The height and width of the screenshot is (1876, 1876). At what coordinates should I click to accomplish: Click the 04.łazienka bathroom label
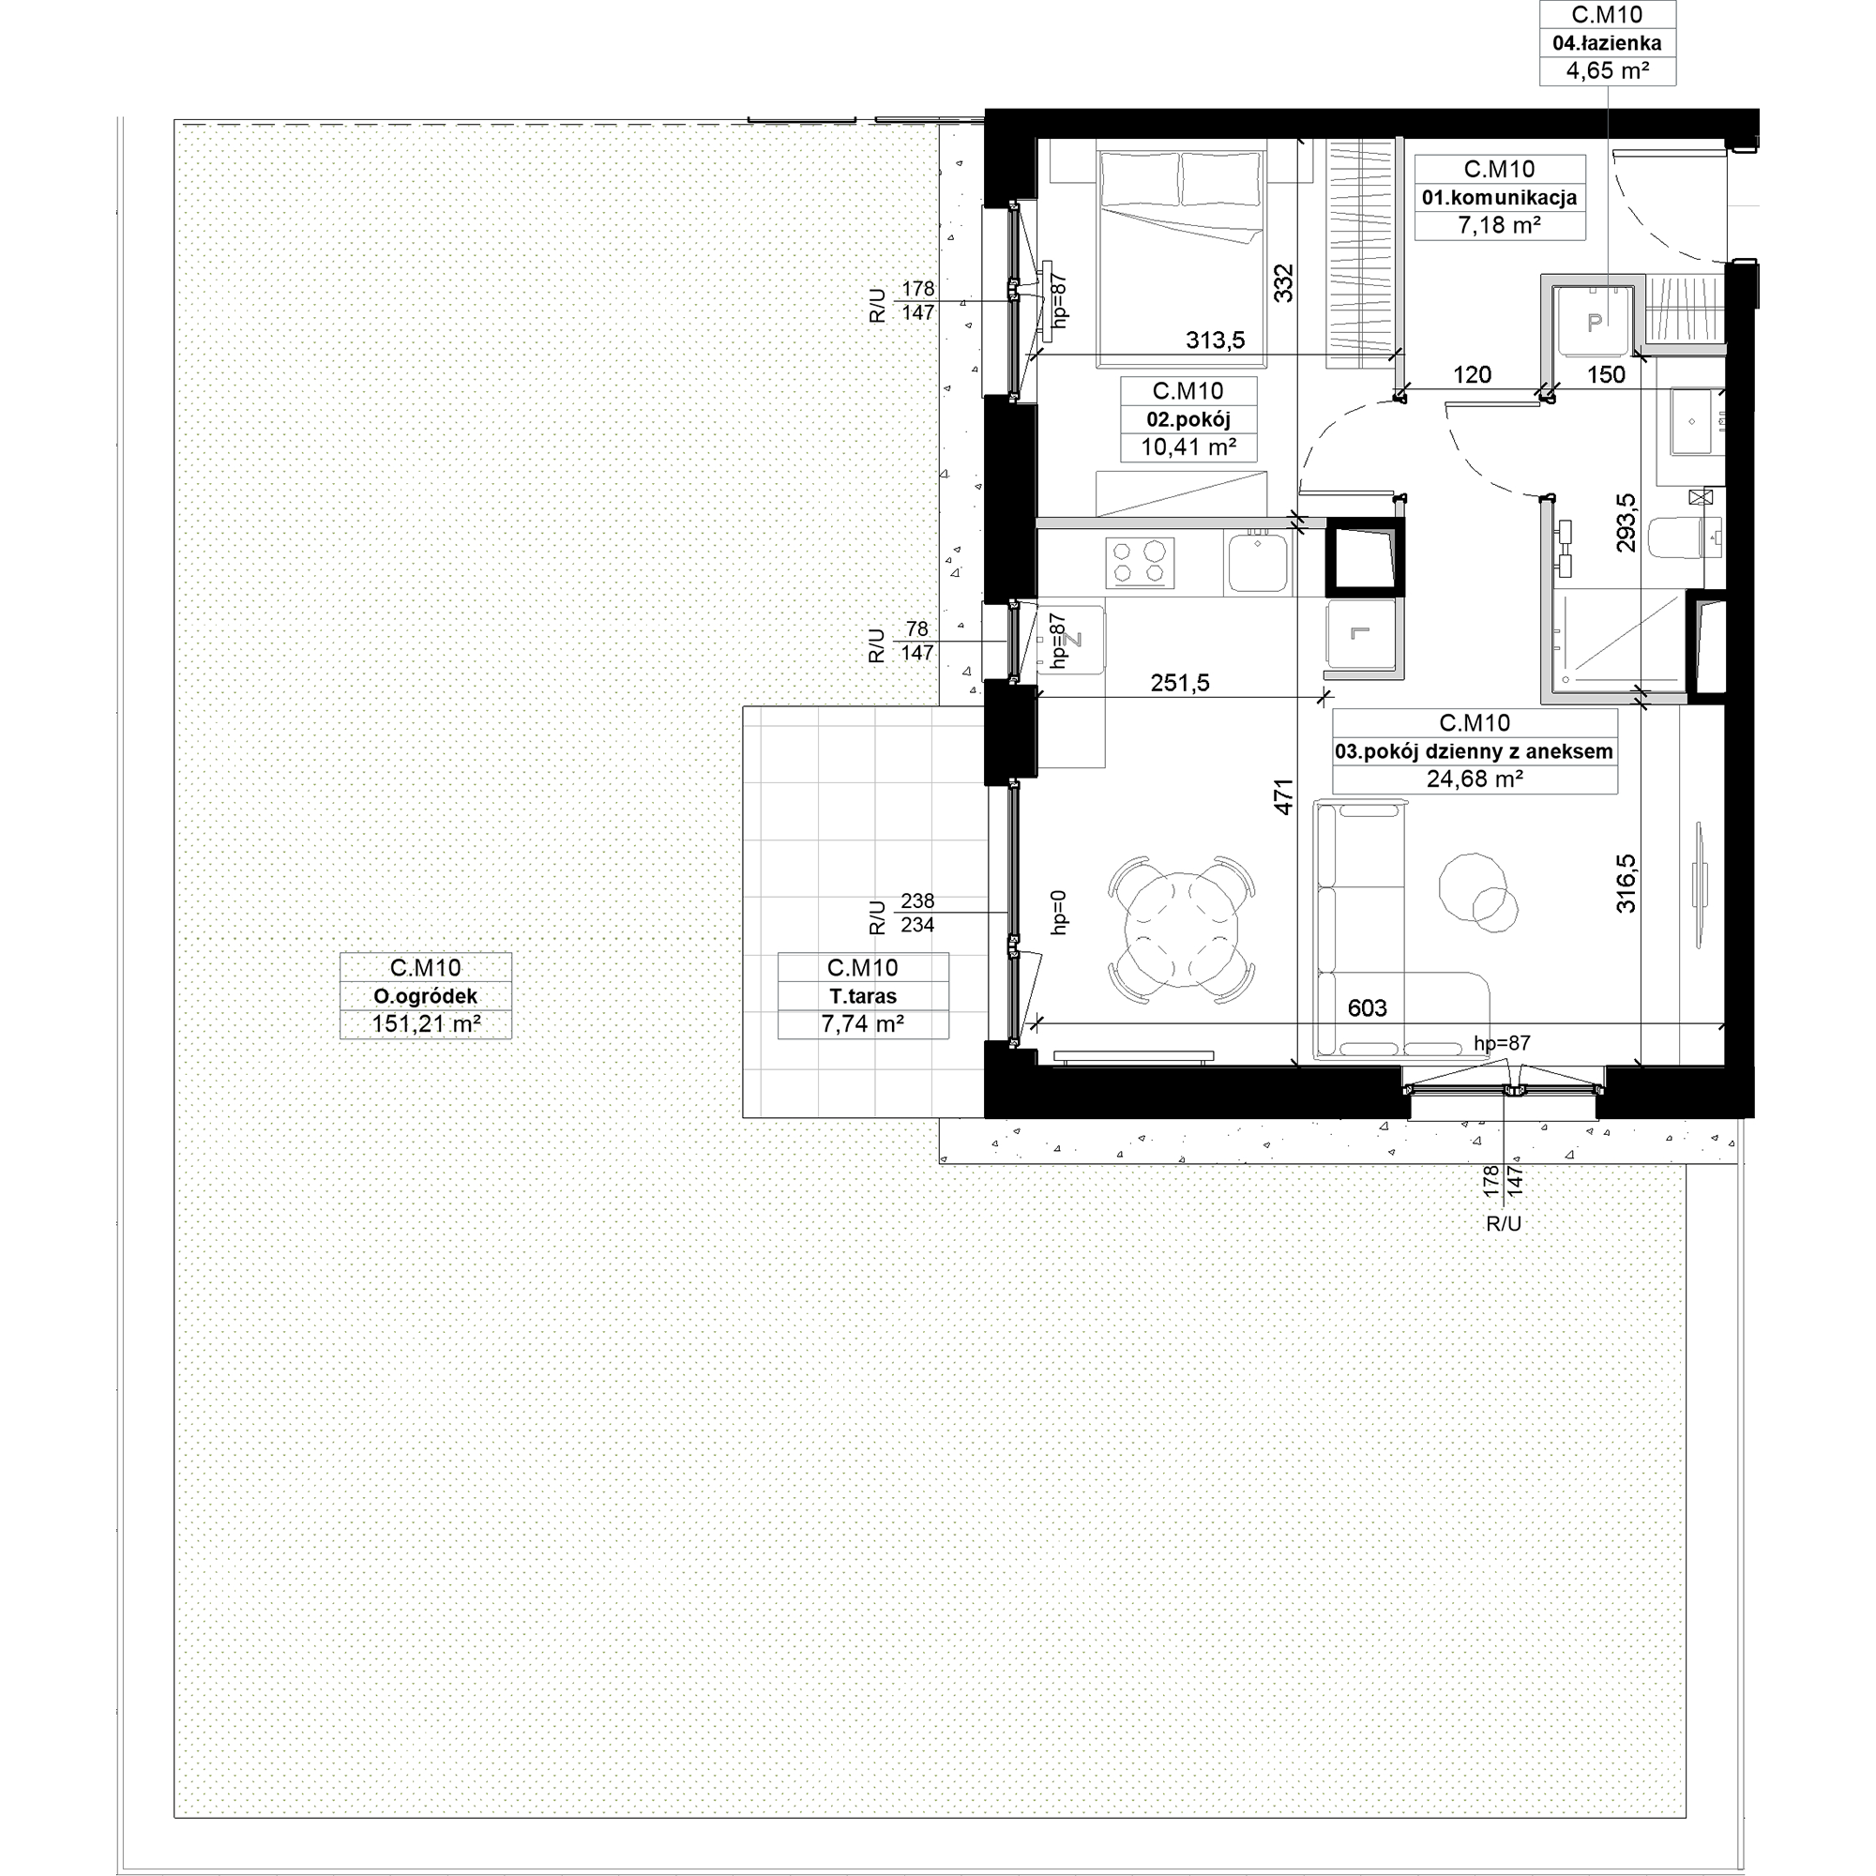(x=1607, y=43)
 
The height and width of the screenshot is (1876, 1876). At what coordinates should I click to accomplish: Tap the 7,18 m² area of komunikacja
(x=1499, y=225)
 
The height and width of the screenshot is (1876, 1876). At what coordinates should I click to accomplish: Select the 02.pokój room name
(x=1188, y=419)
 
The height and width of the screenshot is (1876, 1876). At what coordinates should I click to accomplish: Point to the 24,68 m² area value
(x=1474, y=779)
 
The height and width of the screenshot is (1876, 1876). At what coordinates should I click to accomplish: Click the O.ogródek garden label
(x=425, y=996)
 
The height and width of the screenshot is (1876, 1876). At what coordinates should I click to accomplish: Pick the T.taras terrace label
(x=862, y=996)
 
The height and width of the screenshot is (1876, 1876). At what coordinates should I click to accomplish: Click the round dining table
(x=1182, y=930)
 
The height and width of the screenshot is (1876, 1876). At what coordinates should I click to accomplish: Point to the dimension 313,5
(x=1215, y=340)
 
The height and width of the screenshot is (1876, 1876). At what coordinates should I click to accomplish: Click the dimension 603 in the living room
(x=1368, y=1008)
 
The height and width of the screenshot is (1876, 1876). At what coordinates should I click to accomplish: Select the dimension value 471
(x=1284, y=796)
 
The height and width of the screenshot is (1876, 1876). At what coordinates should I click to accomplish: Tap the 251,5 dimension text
(x=1180, y=683)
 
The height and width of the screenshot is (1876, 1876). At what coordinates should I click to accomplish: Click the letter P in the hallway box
(x=1594, y=324)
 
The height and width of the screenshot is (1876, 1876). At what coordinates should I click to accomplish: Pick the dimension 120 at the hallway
(x=1472, y=375)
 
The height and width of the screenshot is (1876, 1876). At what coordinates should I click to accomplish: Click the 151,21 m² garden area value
(x=425, y=1024)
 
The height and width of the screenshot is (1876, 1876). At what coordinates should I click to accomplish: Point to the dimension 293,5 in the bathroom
(x=1626, y=522)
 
